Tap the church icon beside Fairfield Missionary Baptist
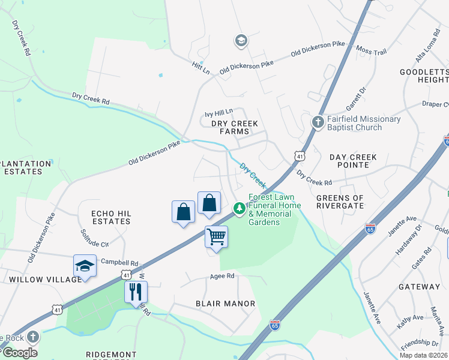318,122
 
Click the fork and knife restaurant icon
136,292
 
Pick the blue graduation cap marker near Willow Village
85,266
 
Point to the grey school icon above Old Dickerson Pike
241,41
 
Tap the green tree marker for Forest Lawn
239,208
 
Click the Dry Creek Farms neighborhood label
235,127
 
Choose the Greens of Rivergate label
340,202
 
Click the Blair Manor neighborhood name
225,304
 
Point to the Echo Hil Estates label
110,217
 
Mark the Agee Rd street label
221,277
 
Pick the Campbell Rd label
119,262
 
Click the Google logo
19,352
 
